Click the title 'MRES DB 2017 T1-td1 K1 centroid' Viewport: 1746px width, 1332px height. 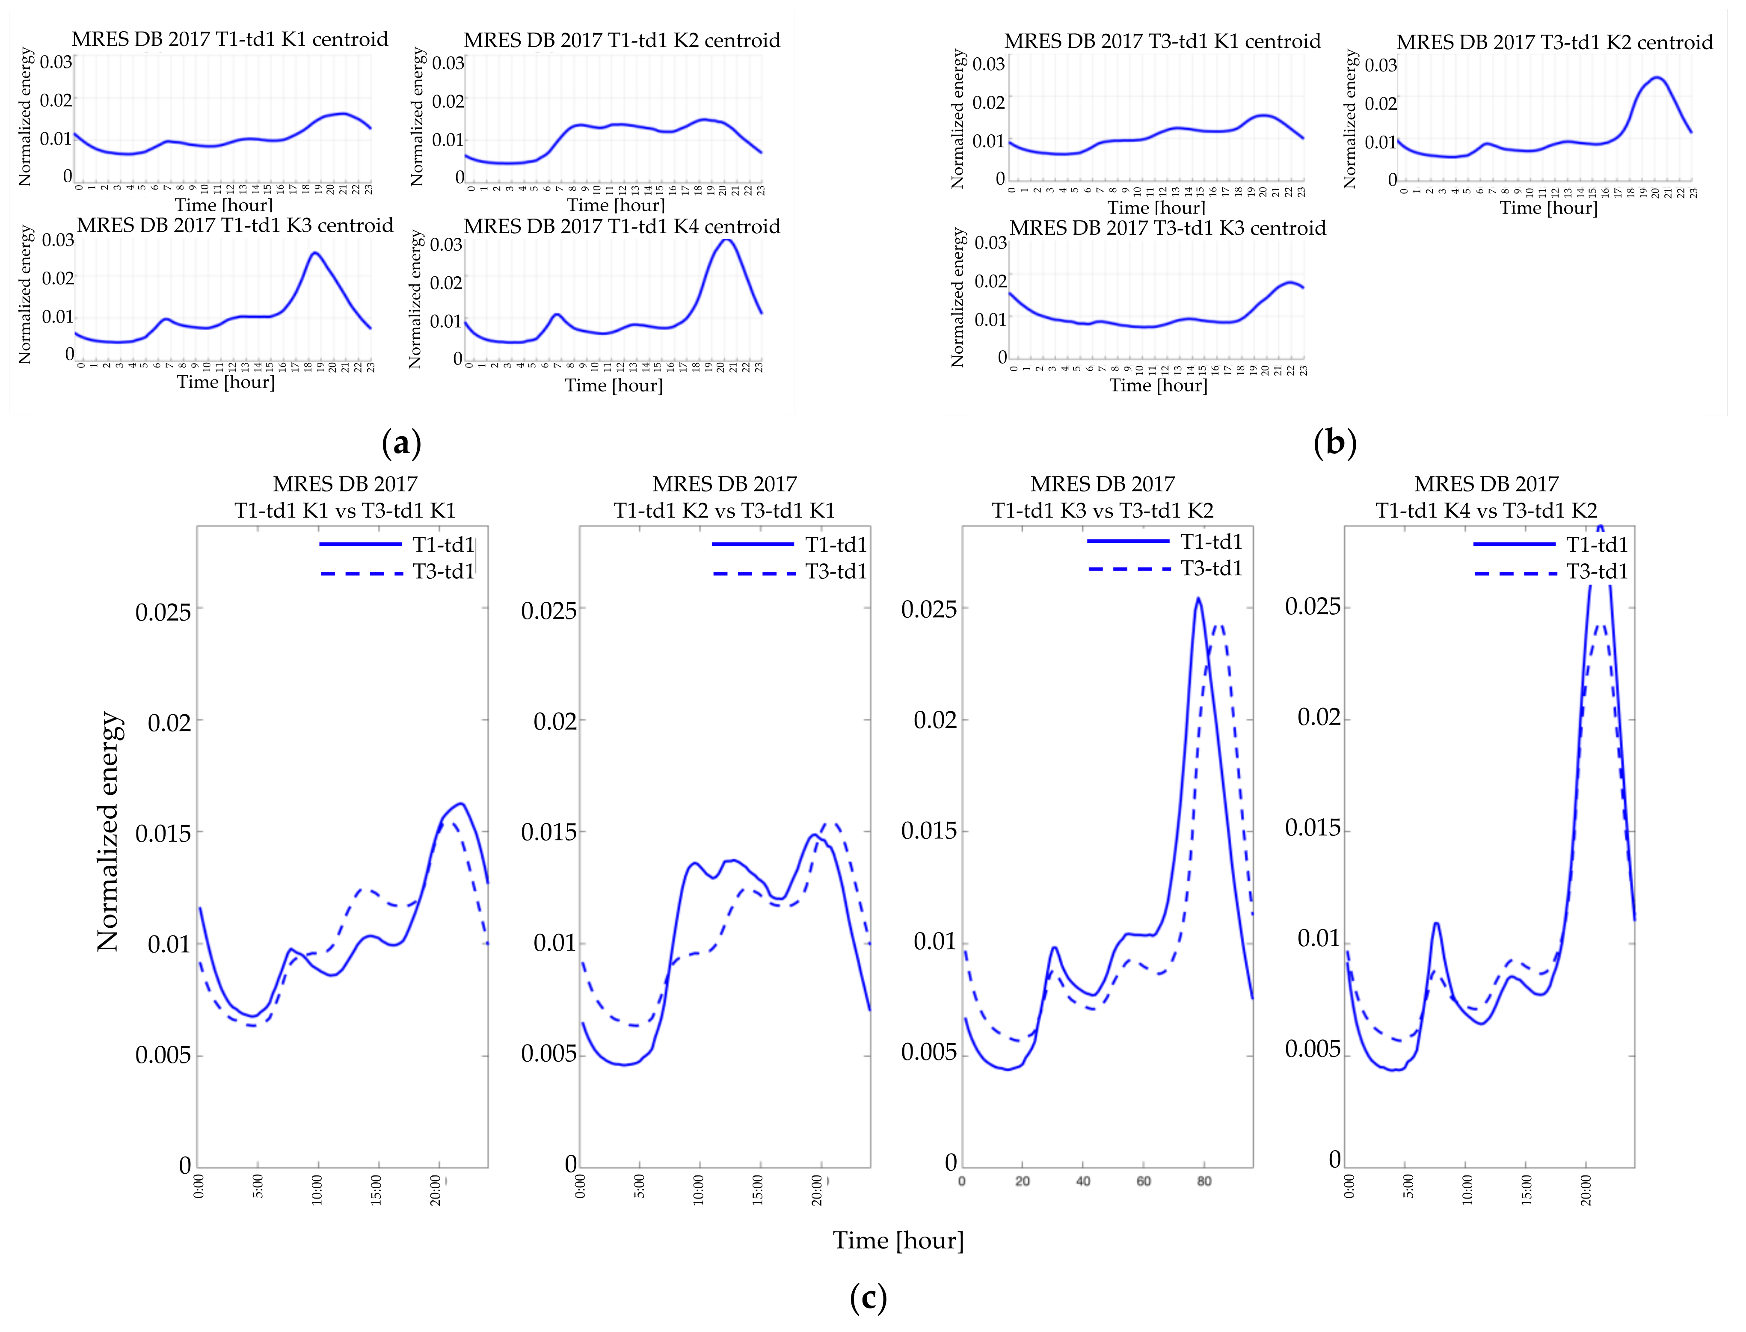pyautogui.click(x=230, y=40)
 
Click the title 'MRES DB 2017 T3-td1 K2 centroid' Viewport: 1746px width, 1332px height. pyautogui.click(x=1554, y=42)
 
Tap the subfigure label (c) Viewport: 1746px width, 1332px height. pyautogui.click(x=868, y=1298)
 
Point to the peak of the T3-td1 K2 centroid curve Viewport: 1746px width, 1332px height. pyautogui.click(x=1657, y=78)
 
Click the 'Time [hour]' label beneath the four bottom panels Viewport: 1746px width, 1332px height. pyautogui.click(x=898, y=1240)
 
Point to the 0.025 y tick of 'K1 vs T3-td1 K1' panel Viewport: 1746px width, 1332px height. pyautogui.click(x=163, y=612)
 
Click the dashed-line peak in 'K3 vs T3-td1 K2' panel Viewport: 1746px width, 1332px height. pyautogui.click(x=1219, y=625)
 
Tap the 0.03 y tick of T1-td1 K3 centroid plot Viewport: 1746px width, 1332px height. pyautogui.click(x=58, y=240)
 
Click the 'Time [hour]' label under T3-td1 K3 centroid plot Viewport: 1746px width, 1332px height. pyautogui.click(x=1158, y=385)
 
